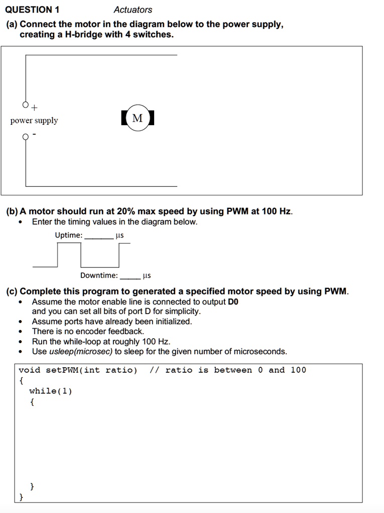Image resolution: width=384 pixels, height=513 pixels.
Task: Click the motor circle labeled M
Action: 138,118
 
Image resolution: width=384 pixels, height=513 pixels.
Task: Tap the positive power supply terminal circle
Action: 26,105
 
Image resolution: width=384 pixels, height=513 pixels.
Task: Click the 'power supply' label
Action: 34,121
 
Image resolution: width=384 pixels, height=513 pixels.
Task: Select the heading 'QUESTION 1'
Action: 32,10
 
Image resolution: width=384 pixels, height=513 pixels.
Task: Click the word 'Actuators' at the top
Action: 133,10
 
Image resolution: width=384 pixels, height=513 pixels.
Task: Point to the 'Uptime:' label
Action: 69,235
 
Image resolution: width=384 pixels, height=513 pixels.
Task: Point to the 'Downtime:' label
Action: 99,275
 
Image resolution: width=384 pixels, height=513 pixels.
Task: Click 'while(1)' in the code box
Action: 51,391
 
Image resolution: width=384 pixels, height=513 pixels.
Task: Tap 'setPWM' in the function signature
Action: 63,370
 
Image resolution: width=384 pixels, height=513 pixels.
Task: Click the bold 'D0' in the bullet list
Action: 233,302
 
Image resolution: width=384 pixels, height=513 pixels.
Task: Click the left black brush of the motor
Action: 123,118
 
